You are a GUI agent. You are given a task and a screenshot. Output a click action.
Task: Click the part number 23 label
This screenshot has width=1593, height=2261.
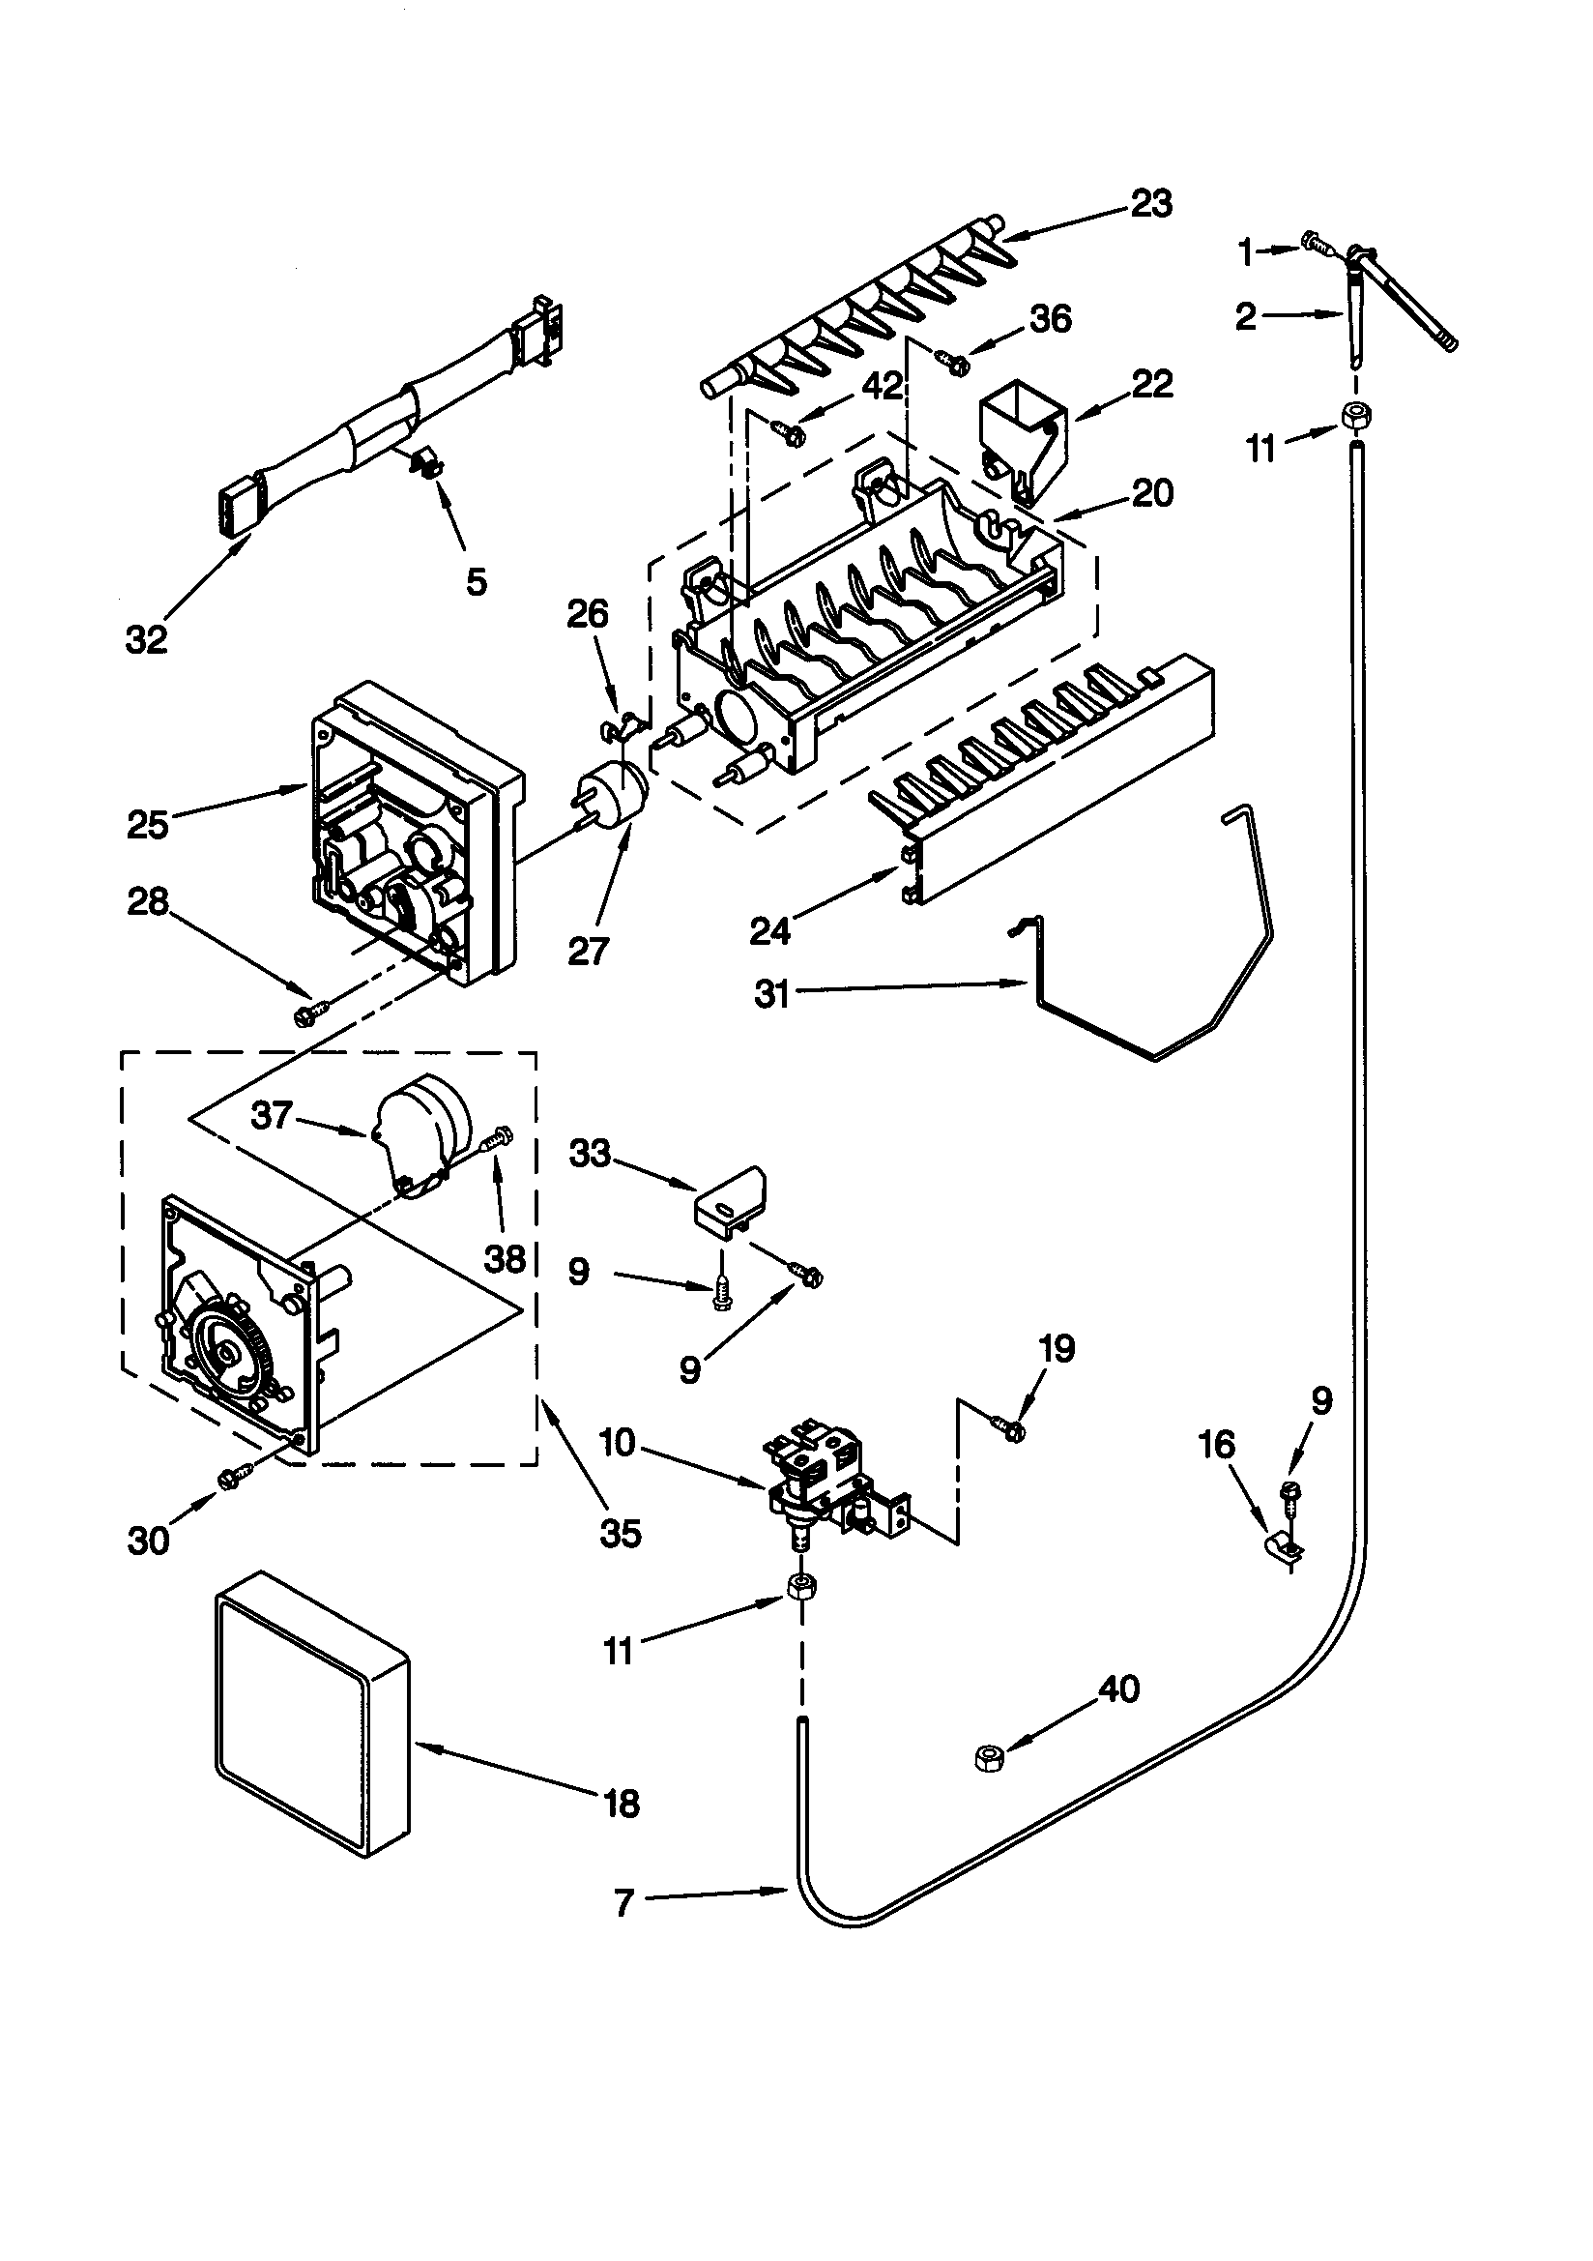[1151, 204]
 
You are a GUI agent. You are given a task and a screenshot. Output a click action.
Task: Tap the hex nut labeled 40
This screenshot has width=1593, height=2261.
[988, 1757]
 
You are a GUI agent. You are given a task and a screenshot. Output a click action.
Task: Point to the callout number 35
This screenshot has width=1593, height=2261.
[621, 1533]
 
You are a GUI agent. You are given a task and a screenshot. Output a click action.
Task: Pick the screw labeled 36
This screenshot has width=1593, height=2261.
[954, 364]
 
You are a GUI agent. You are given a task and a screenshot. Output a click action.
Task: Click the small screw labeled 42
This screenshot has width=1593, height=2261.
[788, 430]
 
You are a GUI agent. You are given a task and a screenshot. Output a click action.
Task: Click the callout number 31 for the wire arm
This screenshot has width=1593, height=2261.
[773, 993]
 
